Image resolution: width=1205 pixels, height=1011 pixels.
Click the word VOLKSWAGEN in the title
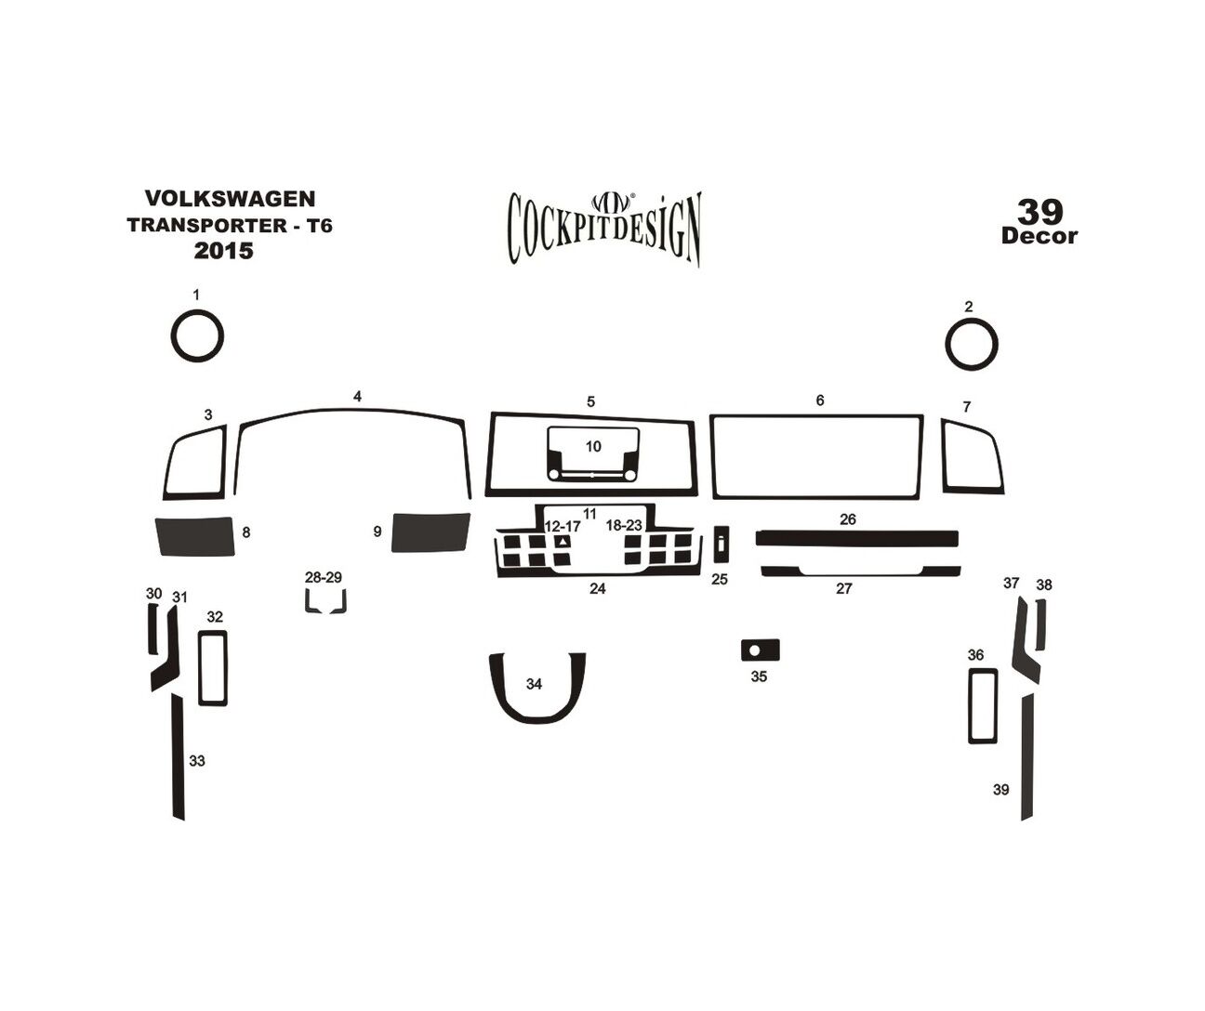[x=231, y=199]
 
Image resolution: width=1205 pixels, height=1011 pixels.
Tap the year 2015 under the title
[x=224, y=251]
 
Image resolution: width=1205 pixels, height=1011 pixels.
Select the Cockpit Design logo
[x=604, y=229]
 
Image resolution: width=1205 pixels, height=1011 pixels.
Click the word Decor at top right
[x=1039, y=236]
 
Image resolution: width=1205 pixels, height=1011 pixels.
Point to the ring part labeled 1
[x=172, y=336]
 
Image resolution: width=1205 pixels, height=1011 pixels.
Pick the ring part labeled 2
[x=947, y=345]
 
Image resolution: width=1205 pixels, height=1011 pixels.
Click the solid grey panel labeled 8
[x=195, y=536]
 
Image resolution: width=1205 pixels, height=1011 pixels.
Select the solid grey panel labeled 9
[x=430, y=532]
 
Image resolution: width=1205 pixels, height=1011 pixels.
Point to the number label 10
[x=593, y=446]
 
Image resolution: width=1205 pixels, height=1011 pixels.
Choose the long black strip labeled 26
[x=857, y=539]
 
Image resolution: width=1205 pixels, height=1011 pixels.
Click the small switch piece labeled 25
[x=722, y=544]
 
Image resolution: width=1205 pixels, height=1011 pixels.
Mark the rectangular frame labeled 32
[x=200, y=668]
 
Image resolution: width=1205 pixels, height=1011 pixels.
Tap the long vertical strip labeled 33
[x=178, y=757]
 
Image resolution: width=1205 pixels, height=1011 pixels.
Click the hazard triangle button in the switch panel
[x=563, y=542]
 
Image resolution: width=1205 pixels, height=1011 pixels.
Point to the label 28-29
[x=324, y=577]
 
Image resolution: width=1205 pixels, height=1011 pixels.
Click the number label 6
[x=820, y=400]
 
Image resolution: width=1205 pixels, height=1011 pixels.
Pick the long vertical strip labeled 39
[x=1027, y=757]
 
